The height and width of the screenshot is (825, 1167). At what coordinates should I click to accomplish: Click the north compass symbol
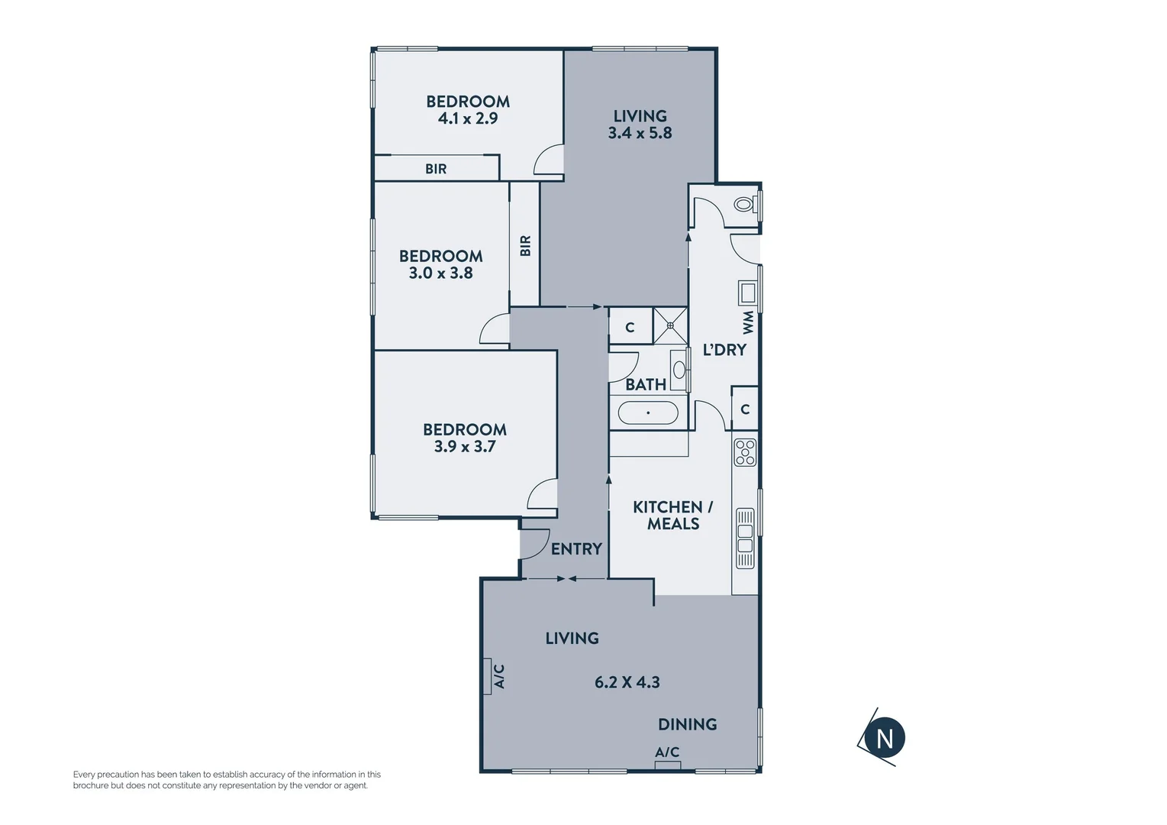(884, 739)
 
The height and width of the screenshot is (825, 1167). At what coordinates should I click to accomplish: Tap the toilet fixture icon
(743, 205)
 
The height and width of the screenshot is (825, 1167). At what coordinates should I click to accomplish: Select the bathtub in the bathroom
(648, 413)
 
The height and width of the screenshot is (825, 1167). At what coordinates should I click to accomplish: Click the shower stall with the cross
(670, 326)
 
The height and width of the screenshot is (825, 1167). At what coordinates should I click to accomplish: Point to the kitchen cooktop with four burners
(745, 452)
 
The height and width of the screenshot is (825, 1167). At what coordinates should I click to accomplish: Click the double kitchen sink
(745, 538)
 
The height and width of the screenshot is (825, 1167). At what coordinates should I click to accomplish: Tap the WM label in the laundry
(748, 322)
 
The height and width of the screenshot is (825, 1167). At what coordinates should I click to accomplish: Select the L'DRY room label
(724, 350)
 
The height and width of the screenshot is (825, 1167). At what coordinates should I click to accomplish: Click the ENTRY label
(576, 548)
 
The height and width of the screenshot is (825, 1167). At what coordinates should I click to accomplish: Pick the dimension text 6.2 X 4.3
(627, 682)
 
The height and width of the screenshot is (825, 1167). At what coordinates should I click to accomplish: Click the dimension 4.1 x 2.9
(468, 118)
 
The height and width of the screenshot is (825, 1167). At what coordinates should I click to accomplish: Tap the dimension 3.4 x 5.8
(640, 133)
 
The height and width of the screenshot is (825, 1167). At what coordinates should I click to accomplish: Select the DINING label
(687, 724)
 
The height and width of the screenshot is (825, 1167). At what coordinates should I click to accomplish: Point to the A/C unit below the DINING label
(667, 765)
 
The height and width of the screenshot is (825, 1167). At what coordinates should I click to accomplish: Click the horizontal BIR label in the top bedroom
(436, 169)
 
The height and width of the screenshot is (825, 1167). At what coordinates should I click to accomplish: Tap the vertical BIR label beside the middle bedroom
(525, 245)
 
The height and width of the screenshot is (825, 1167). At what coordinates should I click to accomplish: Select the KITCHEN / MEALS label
(672, 515)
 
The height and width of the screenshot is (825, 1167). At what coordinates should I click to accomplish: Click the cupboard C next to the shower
(630, 328)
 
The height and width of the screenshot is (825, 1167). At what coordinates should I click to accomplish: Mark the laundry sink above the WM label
(747, 293)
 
